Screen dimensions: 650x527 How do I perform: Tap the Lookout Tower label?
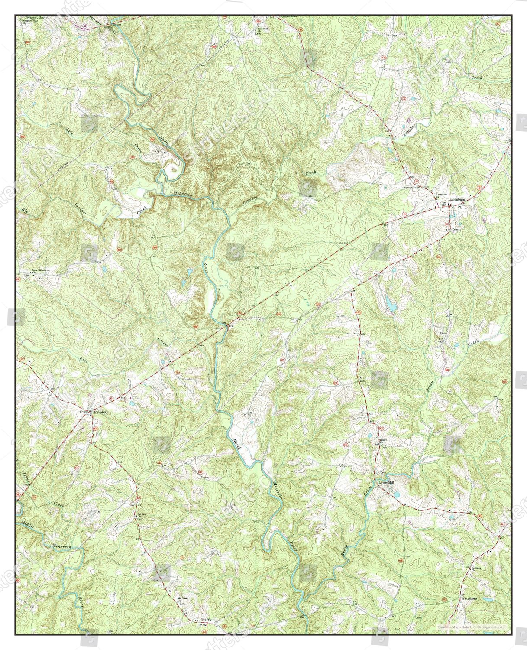[x=411, y=188]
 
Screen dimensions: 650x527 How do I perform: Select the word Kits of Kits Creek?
[x=84, y=359]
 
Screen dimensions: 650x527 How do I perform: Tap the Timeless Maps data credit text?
[x=473, y=627]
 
